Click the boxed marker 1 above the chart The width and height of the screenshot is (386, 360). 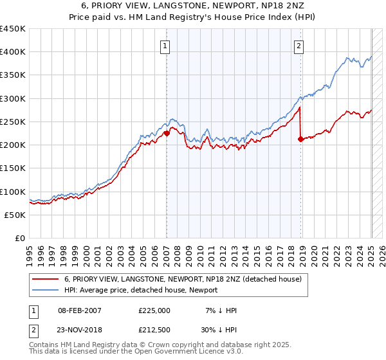point(166,46)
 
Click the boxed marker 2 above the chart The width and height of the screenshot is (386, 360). point(300,46)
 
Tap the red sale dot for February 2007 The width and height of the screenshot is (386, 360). point(167,133)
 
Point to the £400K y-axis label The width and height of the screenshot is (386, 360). point(13,52)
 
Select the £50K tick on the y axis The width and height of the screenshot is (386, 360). point(16,215)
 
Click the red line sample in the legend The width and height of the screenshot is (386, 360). point(46,280)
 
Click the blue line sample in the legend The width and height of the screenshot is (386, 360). point(46,290)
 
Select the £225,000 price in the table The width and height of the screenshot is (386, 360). point(154,310)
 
